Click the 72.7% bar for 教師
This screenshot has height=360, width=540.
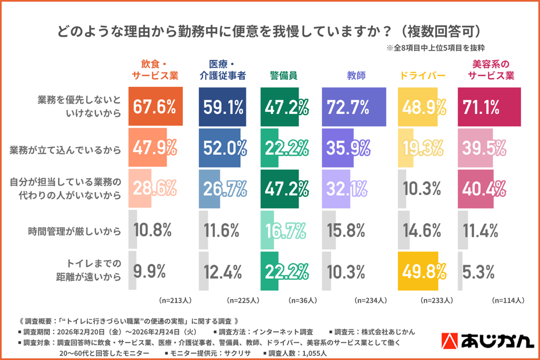[x=354, y=107]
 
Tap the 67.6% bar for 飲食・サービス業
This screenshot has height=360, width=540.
[x=156, y=107]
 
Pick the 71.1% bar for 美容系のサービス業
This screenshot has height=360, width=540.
[x=489, y=107]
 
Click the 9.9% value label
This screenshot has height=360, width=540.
[x=149, y=272]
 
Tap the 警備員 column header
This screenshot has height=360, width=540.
[x=283, y=76]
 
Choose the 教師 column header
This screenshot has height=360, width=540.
[x=356, y=76]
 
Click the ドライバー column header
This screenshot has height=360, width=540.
[x=422, y=76]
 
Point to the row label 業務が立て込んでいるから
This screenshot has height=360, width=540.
[x=65, y=150]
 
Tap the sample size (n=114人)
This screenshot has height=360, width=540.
[x=508, y=300]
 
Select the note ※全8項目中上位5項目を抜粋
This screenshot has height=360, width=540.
[x=436, y=48]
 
